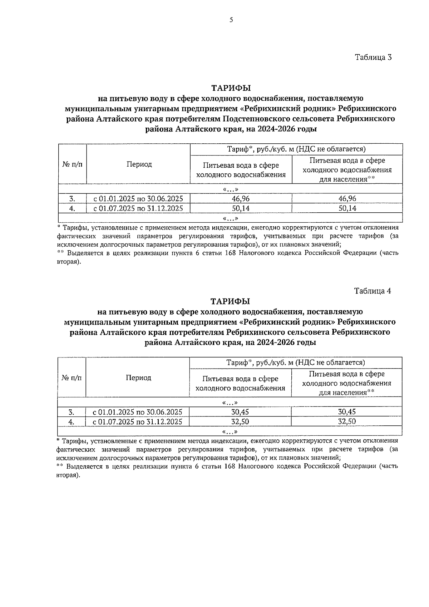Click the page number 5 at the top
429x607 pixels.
click(231, 20)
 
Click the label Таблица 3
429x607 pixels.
click(373, 57)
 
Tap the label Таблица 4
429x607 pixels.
click(373, 291)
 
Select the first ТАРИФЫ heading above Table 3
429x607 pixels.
click(231, 88)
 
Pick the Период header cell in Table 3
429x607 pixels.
click(139, 164)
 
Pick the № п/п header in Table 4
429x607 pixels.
click(72, 377)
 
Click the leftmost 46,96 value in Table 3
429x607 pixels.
click(241, 199)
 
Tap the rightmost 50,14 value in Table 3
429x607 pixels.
click(347, 208)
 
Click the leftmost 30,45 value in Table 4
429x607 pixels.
click(240, 412)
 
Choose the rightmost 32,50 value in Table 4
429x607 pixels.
click(347, 421)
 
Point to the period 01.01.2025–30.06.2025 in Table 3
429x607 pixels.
click(138, 199)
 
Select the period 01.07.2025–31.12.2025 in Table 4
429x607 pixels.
click(138, 421)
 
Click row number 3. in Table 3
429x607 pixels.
click(72, 199)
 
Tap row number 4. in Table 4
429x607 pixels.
click(71, 422)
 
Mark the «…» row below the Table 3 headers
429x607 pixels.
click(231, 189)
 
